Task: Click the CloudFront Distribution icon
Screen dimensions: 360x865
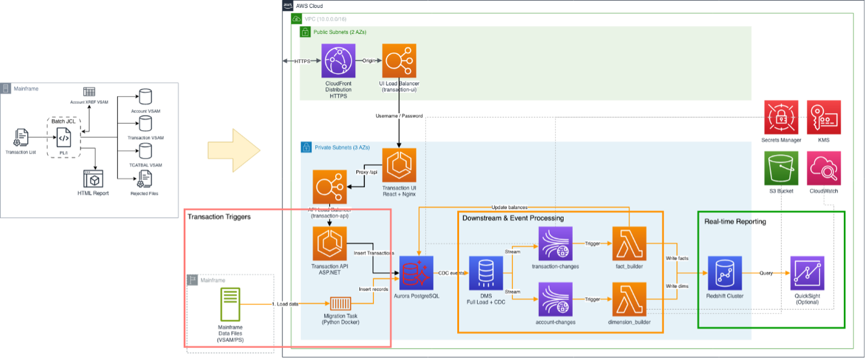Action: (339, 61)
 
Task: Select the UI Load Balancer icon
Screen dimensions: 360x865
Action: (399, 61)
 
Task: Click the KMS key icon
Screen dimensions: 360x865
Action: (824, 117)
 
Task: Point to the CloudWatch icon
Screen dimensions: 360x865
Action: (824, 169)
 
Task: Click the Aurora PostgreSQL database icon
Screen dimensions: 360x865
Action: (416, 273)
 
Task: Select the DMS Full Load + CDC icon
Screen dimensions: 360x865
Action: (486, 273)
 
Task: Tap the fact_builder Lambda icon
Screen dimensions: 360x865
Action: (629, 244)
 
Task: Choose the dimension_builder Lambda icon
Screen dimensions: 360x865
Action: (629, 299)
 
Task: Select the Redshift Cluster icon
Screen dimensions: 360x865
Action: (724, 273)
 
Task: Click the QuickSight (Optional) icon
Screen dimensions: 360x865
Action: (807, 273)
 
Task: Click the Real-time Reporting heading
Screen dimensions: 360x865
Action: (735, 221)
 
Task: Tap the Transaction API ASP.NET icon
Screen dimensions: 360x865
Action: (330, 244)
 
